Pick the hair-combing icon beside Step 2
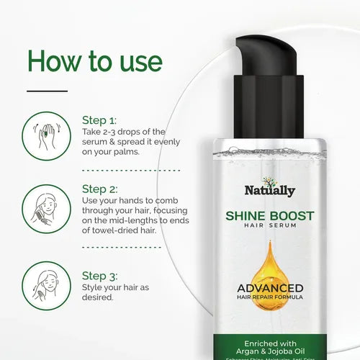[46, 207]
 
